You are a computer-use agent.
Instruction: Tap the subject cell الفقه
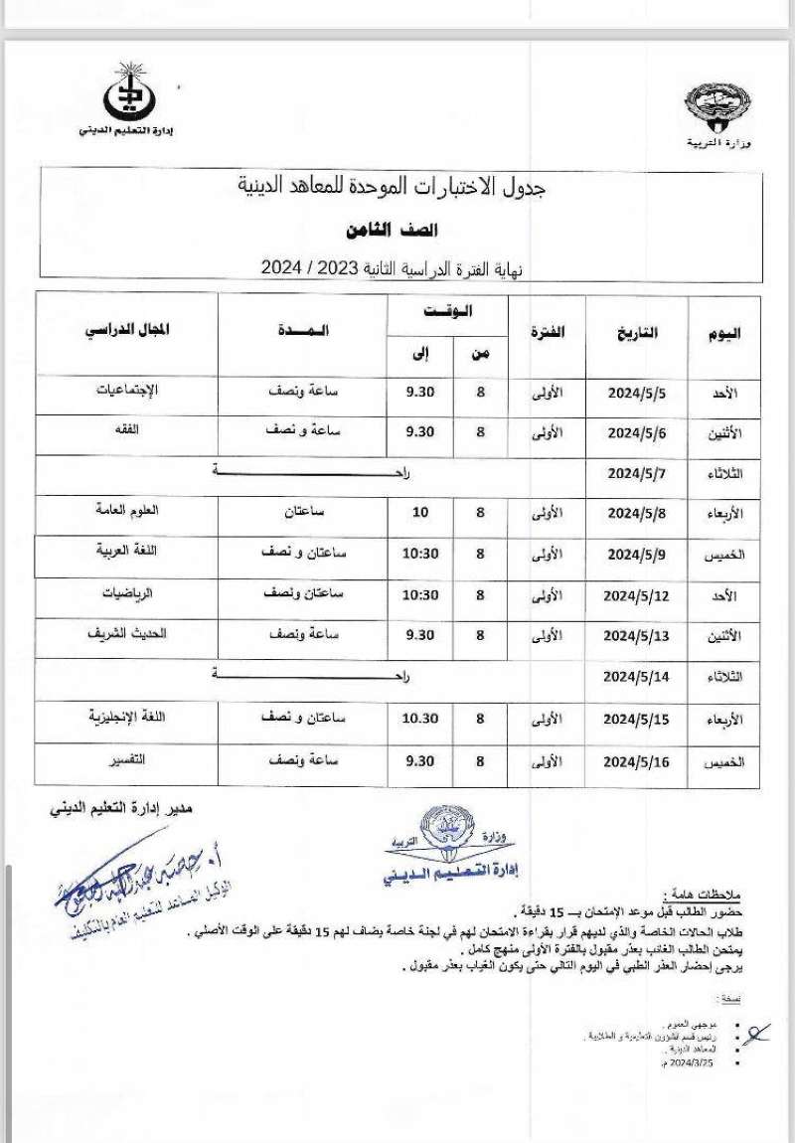tap(126, 429)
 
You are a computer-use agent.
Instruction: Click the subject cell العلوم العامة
tap(125, 510)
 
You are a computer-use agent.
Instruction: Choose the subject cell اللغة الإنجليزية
tap(126, 716)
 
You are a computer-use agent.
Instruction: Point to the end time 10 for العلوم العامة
tap(418, 514)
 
